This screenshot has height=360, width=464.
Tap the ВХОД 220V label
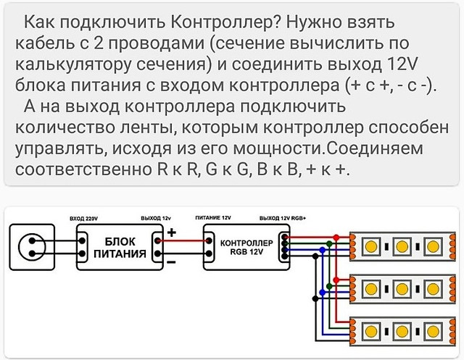click(86, 218)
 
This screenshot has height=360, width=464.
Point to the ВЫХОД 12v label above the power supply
click(156, 218)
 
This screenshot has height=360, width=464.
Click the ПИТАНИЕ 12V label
click(213, 218)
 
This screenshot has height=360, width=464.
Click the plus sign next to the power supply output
click(172, 233)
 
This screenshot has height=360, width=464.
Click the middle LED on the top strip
click(399, 246)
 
